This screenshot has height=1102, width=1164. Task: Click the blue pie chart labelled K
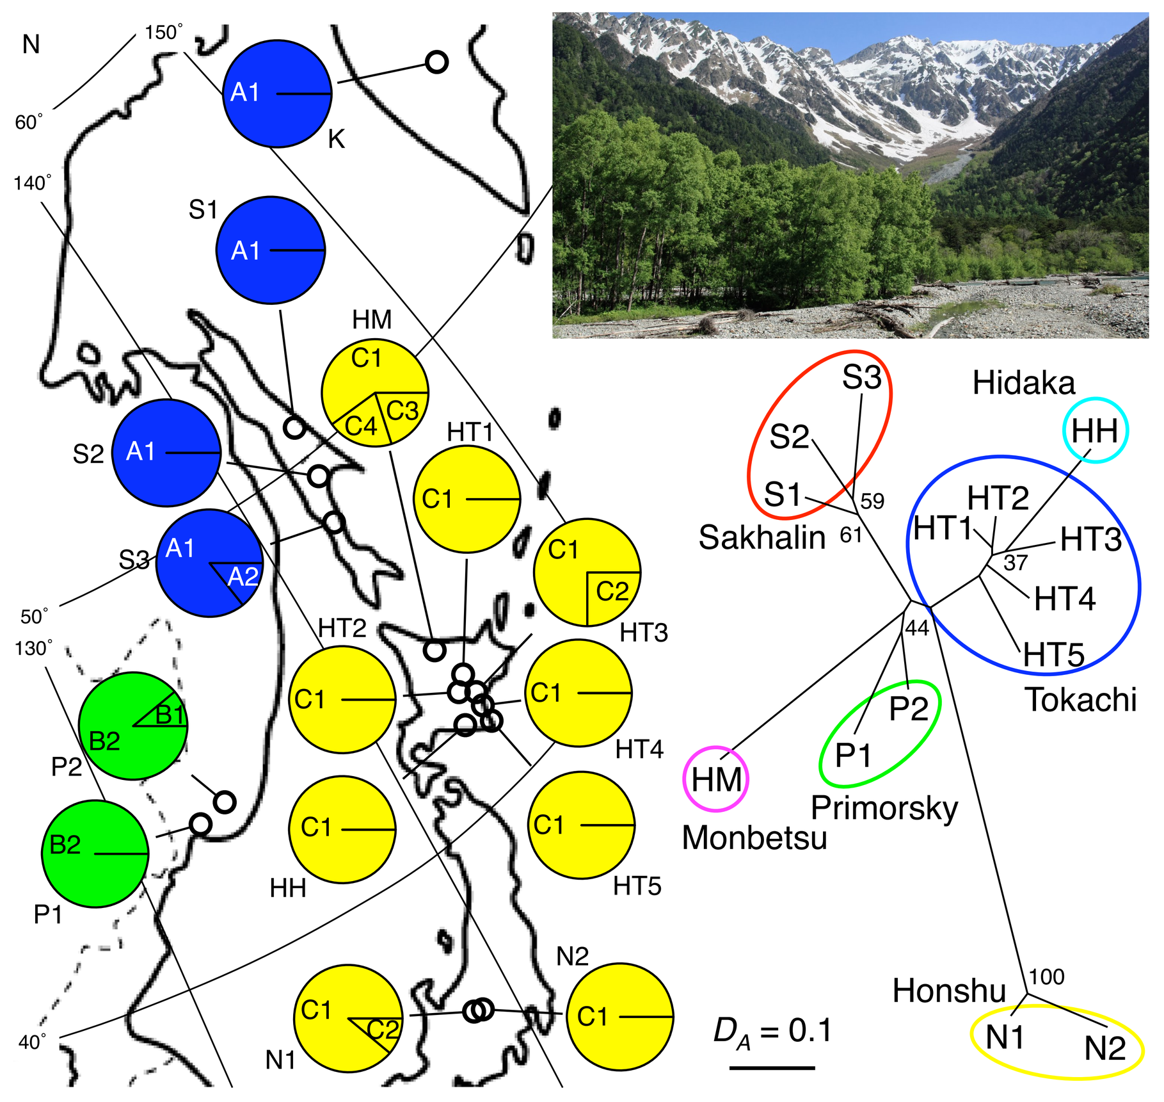[x=278, y=93]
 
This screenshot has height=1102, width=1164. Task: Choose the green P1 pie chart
[x=95, y=854]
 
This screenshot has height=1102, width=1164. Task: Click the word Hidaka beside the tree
[x=1023, y=384]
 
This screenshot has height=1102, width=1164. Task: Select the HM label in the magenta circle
[x=716, y=779]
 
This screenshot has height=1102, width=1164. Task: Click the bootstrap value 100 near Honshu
[x=1047, y=976]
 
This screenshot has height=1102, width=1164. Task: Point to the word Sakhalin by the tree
[x=761, y=537]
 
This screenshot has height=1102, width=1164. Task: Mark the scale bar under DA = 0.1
[x=772, y=1067]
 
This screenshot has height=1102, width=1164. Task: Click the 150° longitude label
[x=163, y=32]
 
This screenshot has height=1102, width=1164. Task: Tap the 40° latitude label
[x=32, y=1042]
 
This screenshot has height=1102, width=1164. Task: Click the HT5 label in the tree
[x=1053, y=655]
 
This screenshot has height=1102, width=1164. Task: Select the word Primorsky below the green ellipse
[x=884, y=809]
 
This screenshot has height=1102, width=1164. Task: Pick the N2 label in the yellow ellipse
[x=1104, y=1048]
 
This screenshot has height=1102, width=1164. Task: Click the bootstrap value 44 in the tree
[x=916, y=628]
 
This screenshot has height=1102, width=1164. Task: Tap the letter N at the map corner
[x=31, y=45]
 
